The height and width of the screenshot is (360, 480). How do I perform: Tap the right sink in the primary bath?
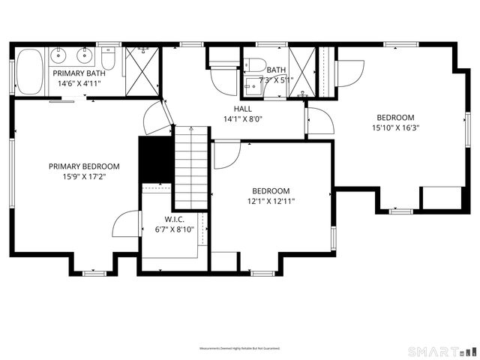[84, 54]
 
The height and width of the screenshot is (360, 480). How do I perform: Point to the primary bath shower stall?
[142, 71]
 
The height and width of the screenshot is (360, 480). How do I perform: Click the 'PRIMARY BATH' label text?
[79, 73]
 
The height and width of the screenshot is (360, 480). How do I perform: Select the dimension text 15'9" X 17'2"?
[84, 178]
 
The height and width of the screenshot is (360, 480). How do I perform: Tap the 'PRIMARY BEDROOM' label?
[84, 166]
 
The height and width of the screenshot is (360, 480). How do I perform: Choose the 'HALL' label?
[242, 109]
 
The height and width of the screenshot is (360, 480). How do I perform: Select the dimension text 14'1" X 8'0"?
[242, 119]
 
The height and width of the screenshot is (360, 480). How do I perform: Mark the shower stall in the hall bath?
[304, 71]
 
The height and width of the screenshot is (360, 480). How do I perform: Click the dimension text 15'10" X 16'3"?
[395, 128]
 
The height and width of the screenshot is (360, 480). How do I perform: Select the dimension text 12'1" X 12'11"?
[271, 201]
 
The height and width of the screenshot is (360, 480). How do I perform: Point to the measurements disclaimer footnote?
[239, 349]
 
